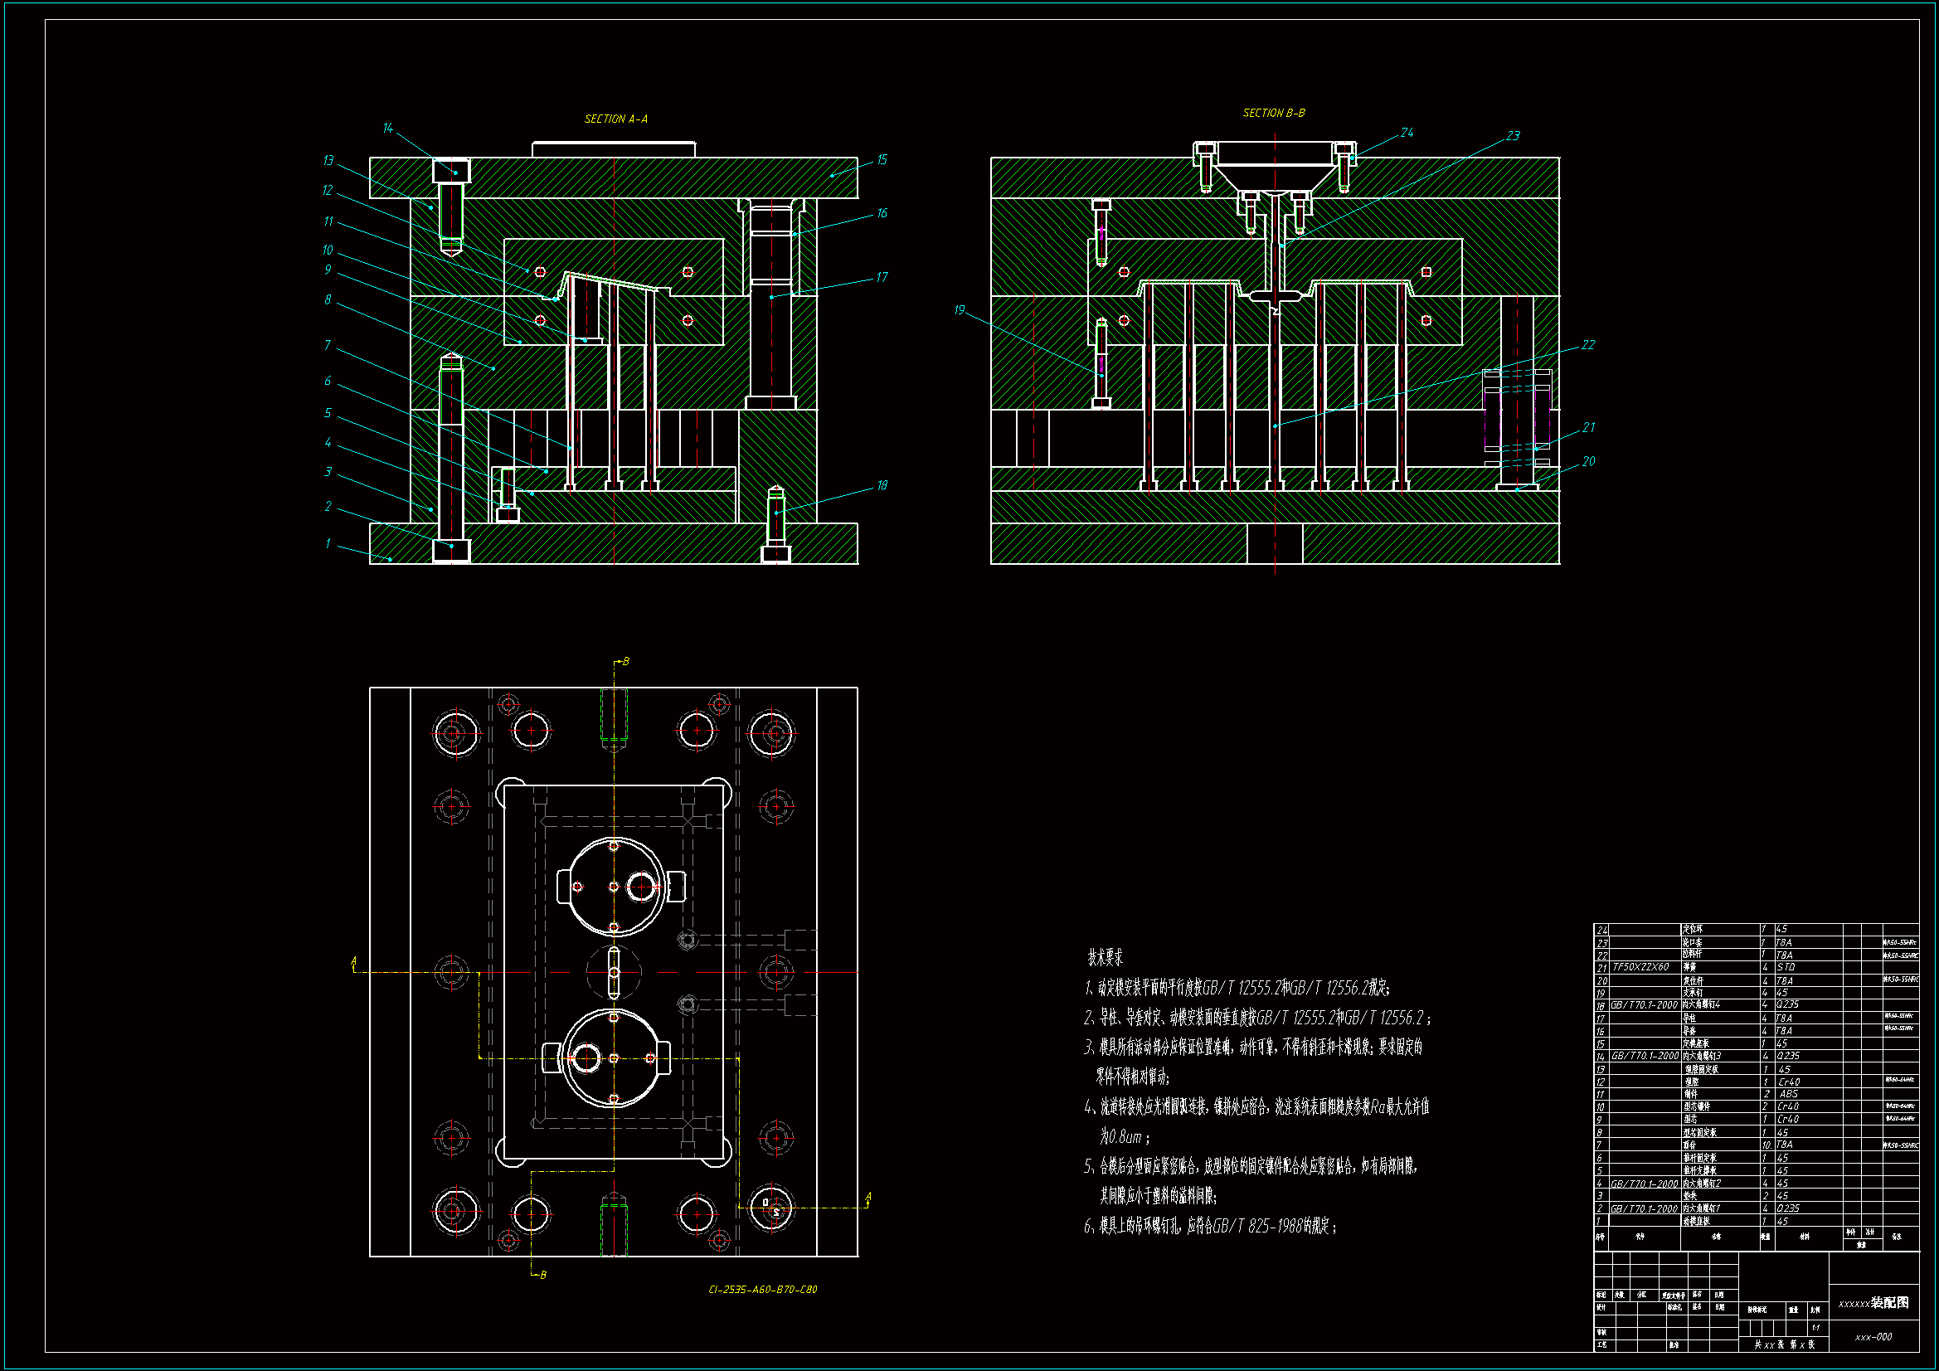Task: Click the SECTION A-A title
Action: tap(615, 119)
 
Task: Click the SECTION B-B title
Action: tap(1274, 113)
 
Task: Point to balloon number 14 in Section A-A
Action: tap(387, 129)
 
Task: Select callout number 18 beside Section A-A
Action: tap(882, 486)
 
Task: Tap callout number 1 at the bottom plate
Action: tap(328, 544)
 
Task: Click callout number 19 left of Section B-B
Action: tap(960, 310)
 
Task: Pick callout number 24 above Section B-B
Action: tap(1407, 133)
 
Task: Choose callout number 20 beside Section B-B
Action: tap(1588, 461)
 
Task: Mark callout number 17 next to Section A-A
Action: tap(882, 277)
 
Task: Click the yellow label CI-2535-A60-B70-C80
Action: tap(763, 1290)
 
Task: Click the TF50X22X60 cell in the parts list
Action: tap(1640, 967)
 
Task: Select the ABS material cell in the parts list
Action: tap(1789, 1094)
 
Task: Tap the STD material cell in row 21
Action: tap(1786, 967)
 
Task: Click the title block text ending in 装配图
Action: tap(1874, 1303)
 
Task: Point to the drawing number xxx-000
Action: tap(1873, 1337)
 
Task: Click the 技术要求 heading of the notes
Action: tap(1105, 958)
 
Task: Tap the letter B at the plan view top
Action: tap(626, 661)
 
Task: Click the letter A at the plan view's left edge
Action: tap(353, 961)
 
